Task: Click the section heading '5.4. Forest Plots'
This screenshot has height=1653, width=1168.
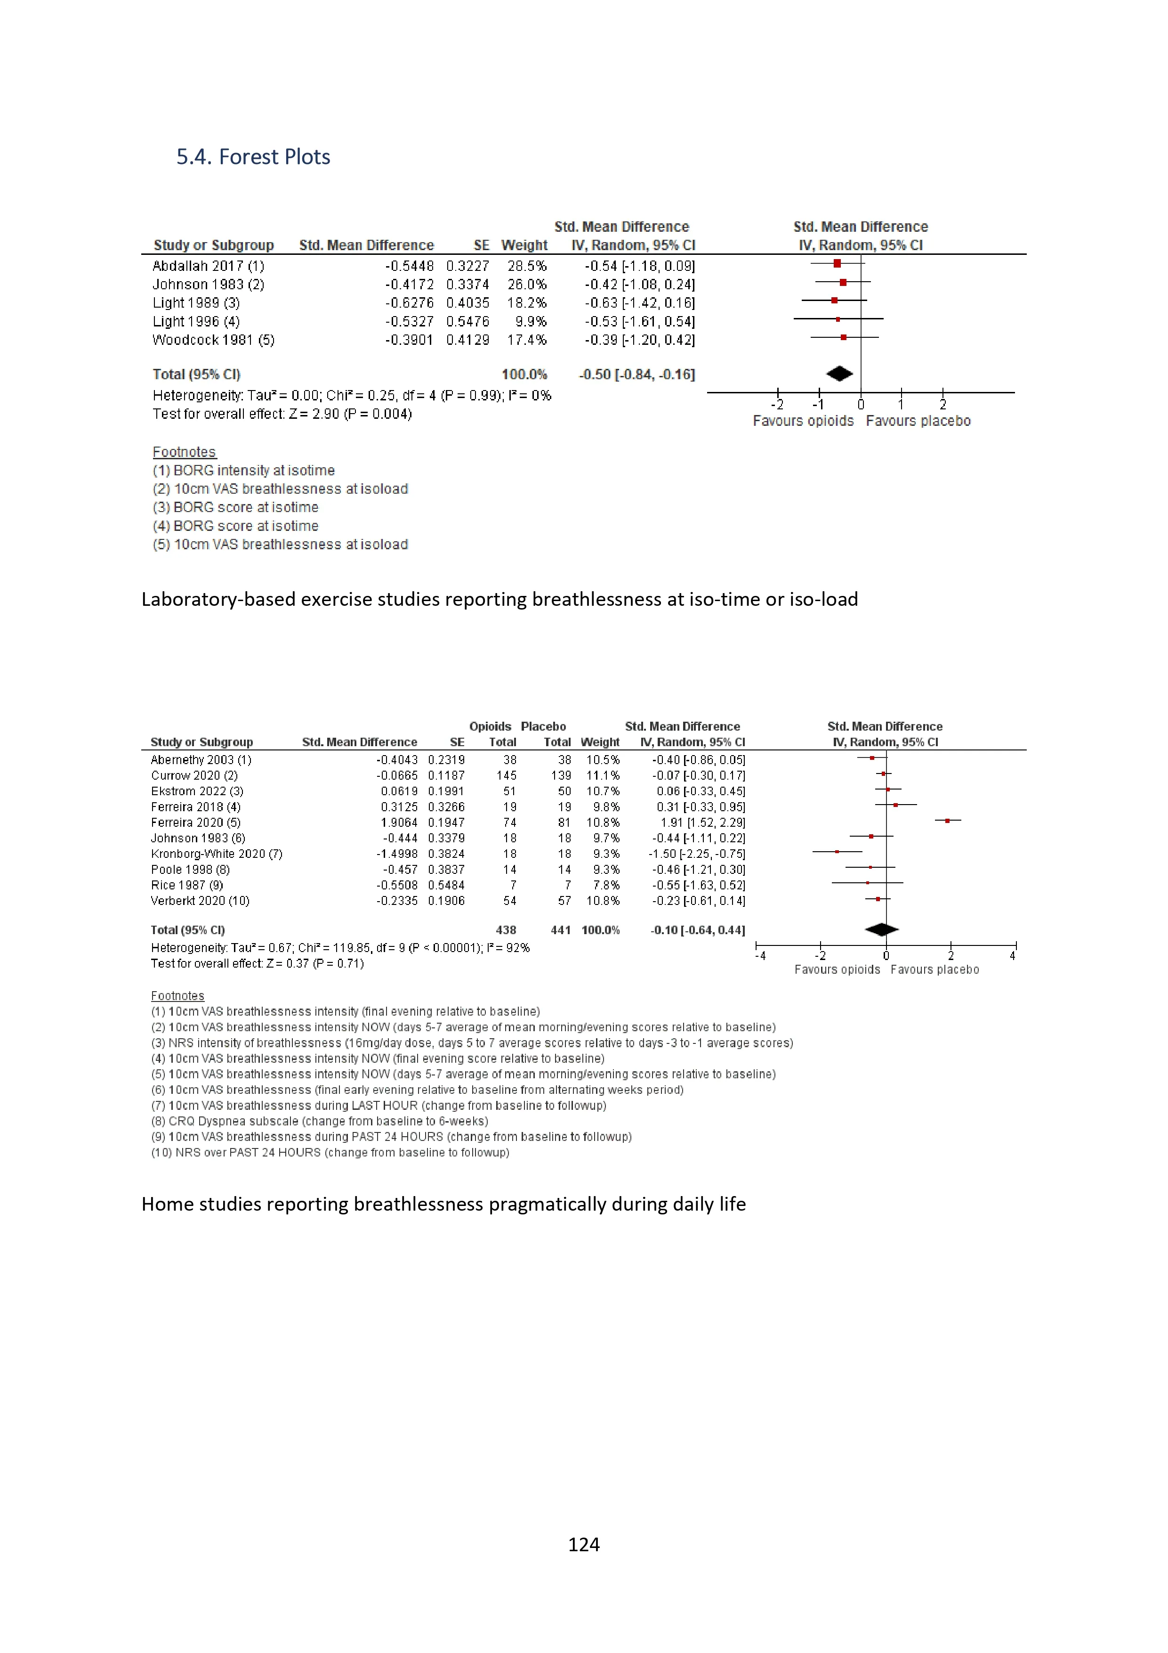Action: tap(253, 157)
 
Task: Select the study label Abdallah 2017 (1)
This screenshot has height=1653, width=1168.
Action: tap(208, 266)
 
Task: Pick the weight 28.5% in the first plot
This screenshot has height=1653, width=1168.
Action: tap(527, 266)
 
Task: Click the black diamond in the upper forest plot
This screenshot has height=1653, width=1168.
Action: tap(839, 374)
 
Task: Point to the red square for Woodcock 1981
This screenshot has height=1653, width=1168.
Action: tap(844, 337)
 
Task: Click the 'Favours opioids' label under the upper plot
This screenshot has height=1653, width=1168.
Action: tap(803, 421)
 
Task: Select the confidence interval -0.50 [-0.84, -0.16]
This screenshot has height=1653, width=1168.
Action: tap(637, 375)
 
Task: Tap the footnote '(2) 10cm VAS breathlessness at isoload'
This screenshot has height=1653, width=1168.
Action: tap(280, 489)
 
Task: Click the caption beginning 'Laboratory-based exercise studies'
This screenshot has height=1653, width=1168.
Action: tap(499, 599)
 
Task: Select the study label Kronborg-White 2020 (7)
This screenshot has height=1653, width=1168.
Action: tap(216, 854)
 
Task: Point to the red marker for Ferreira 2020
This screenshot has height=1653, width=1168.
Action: tap(948, 821)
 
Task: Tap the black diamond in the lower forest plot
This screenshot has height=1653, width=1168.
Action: tap(882, 929)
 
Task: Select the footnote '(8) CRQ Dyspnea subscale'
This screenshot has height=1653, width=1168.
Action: tap(320, 1121)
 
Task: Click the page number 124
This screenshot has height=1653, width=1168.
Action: tap(584, 1544)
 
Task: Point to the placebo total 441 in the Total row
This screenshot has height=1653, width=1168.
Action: tap(561, 930)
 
